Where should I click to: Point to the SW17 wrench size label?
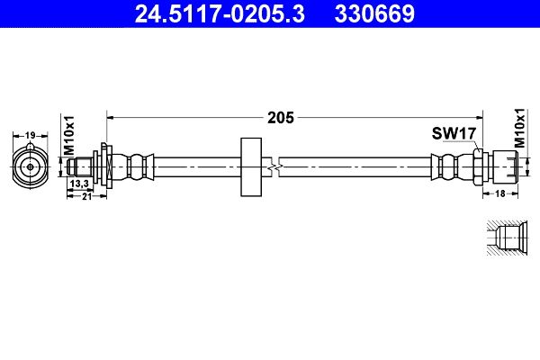tap(453, 134)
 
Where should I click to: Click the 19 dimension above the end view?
tap(30, 135)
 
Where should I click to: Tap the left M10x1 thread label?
tap(69, 132)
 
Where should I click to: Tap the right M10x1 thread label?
tap(518, 130)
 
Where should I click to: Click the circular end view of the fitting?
tap(30, 166)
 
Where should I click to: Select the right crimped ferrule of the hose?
tap(447, 166)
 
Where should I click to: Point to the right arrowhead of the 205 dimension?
tap(481, 117)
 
